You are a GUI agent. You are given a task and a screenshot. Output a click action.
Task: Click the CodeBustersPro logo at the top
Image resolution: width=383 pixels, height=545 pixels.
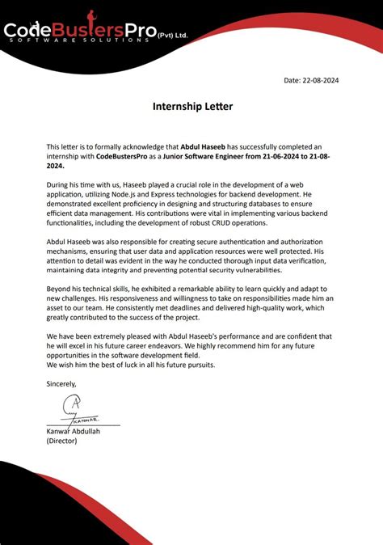81,32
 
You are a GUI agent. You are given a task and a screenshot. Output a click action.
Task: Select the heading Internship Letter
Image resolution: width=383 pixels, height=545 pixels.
191,106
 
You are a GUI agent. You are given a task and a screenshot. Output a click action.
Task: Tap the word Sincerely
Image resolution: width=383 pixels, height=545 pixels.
62,382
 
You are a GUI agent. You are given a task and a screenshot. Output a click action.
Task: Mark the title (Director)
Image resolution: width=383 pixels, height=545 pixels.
61,441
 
